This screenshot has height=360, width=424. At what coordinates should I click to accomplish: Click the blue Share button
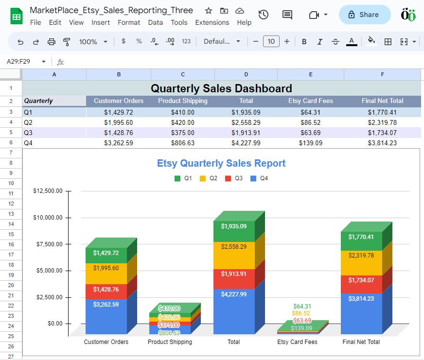pyautogui.click(x=364, y=15)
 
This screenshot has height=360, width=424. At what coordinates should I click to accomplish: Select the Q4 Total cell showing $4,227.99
pyautogui.click(x=246, y=143)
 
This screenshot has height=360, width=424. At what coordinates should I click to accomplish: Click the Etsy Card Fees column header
pyautogui.click(x=311, y=101)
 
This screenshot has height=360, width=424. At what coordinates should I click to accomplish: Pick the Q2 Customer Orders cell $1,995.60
pyautogui.click(x=119, y=122)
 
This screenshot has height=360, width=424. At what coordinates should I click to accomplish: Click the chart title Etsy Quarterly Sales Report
pyautogui.click(x=221, y=163)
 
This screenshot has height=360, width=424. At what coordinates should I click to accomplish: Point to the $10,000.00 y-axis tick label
pyautogui.click(x=48, y=218)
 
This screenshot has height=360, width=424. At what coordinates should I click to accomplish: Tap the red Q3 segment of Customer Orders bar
pyautogui.click(x=106, y=291)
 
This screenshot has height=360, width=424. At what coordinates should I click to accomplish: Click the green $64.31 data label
pyautogui.click(x=302, y=307)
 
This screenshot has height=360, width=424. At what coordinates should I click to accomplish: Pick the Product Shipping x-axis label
pyautogui.click(x=170, y=342)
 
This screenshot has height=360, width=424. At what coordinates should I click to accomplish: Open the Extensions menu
pyautogui.click(x=212, y=22)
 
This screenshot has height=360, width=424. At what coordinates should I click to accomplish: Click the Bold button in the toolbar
pyautogui.click(x=304, y=42)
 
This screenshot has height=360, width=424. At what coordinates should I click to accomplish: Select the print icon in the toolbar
pyautogui.click(x=52, y=42)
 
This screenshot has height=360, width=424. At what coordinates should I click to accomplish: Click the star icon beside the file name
pyautogui.click(x=208, y=11)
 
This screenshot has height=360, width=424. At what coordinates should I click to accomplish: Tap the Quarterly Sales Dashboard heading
pyautogui.click(x=221, y=88)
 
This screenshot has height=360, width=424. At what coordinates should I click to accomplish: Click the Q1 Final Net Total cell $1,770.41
pyautogui.click(x=382, y=112)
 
